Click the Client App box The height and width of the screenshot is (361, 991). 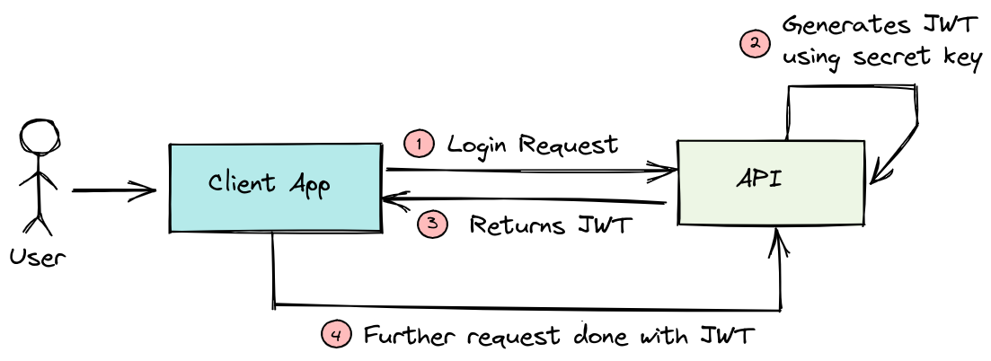pos(275,187)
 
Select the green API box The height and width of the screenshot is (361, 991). pos(772,181)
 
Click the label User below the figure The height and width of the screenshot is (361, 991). pos(38,258)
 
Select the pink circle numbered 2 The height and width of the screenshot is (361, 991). pos(754,42)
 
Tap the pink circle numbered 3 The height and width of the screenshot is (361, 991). pos(432,225)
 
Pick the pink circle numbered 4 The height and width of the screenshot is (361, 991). pos(336,336)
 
